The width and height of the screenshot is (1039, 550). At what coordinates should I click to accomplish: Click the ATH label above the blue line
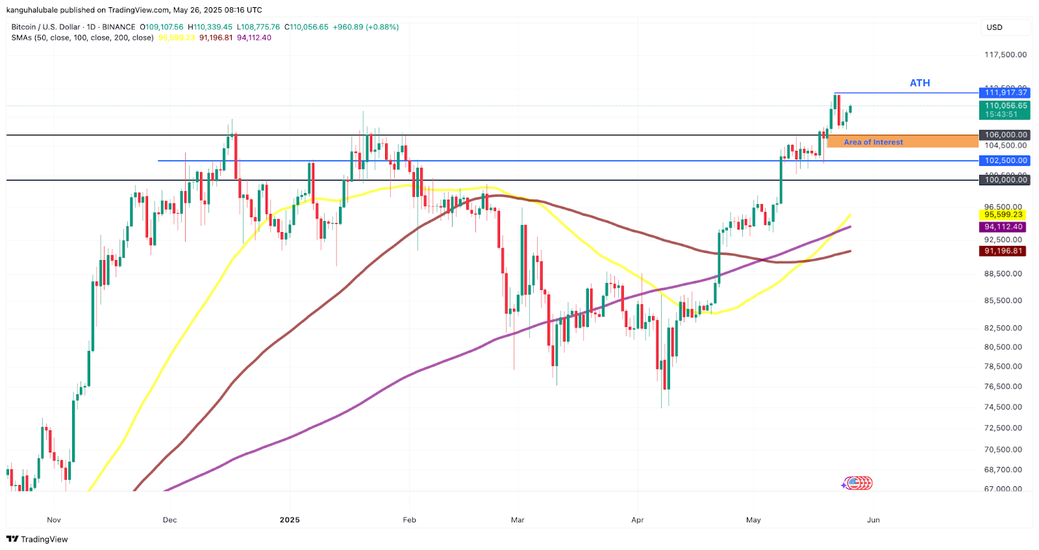point(920,83)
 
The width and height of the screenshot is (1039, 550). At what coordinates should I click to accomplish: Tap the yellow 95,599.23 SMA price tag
point(1003,215)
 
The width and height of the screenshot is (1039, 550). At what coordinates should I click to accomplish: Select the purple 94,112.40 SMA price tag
point(1003,227)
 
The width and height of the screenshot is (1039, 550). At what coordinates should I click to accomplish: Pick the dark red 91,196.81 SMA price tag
point(1003,251)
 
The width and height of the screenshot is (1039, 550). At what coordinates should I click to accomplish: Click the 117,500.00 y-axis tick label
point(1005,55)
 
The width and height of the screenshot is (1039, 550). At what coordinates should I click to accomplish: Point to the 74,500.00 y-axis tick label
point(1003,407)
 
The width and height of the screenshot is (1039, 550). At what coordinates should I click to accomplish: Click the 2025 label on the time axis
point(290,520)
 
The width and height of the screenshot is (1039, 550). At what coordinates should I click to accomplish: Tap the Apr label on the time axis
point(638,520)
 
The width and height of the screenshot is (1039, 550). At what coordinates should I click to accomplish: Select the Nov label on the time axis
point(54,520)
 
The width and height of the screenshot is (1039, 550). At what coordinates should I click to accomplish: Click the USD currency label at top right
point(994,27)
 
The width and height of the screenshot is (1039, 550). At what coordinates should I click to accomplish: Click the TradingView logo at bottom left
point(37,539)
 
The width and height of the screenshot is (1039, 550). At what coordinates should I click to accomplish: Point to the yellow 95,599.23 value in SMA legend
point(177,38)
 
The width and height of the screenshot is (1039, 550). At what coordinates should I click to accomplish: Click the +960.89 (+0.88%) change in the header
point(366,27)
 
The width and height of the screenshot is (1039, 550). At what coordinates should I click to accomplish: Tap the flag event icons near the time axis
point(857,483)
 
